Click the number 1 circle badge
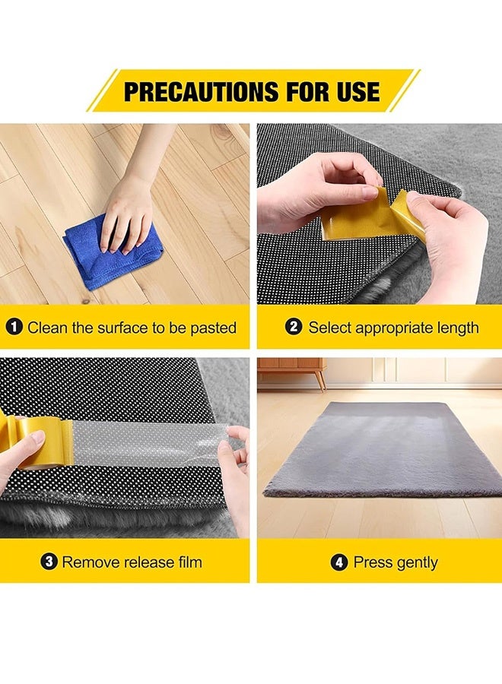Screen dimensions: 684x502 click(14, 328)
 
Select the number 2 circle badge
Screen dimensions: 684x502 click(294, 328)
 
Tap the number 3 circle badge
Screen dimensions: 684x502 click(49, 562)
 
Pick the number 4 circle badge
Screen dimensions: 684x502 click(339, 562)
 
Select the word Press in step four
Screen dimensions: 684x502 click(372, 563)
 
